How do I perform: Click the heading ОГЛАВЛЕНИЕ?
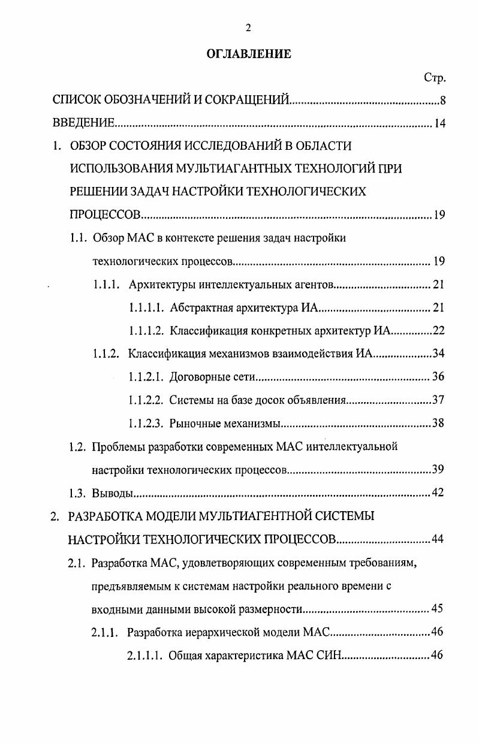(x=248, y=54)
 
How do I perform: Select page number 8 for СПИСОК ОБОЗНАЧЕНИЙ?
(x=442, y=100)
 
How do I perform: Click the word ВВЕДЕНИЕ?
(x=83, y=123)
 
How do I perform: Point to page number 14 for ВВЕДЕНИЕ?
(x=440, y=123)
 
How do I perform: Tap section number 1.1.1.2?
(x=146, y=330)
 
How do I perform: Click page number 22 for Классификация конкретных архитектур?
(x=438, y=330)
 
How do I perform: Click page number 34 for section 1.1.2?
(x=438, y=354)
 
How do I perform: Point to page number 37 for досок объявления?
(x=438, y=400)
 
